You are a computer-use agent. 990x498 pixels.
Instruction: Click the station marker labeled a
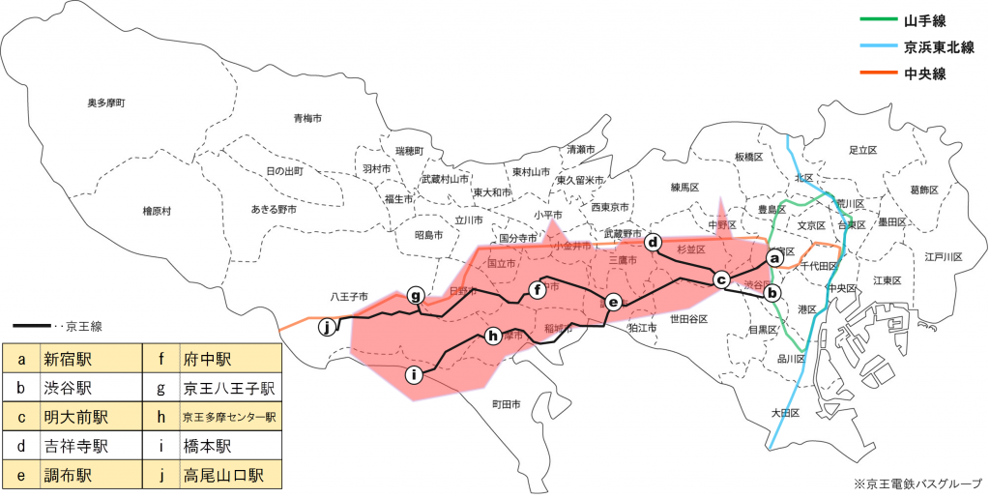(773, 258)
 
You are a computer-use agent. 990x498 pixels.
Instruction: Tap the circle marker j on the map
(328, 327)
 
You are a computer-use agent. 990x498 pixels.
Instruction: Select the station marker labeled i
(414, 374)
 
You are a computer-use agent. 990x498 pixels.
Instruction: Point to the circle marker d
(654, 243)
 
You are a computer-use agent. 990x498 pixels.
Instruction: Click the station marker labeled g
(415, 295)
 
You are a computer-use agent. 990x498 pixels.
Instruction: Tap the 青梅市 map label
(307, 118)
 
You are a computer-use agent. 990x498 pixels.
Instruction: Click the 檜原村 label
(157, 210)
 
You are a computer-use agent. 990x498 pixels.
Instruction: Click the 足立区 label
(861, 150)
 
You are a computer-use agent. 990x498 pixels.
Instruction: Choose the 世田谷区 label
(689, 318)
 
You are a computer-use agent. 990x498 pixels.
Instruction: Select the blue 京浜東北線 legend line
(875, 46)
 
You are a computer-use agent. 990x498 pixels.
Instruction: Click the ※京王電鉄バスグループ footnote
(916, 483)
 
